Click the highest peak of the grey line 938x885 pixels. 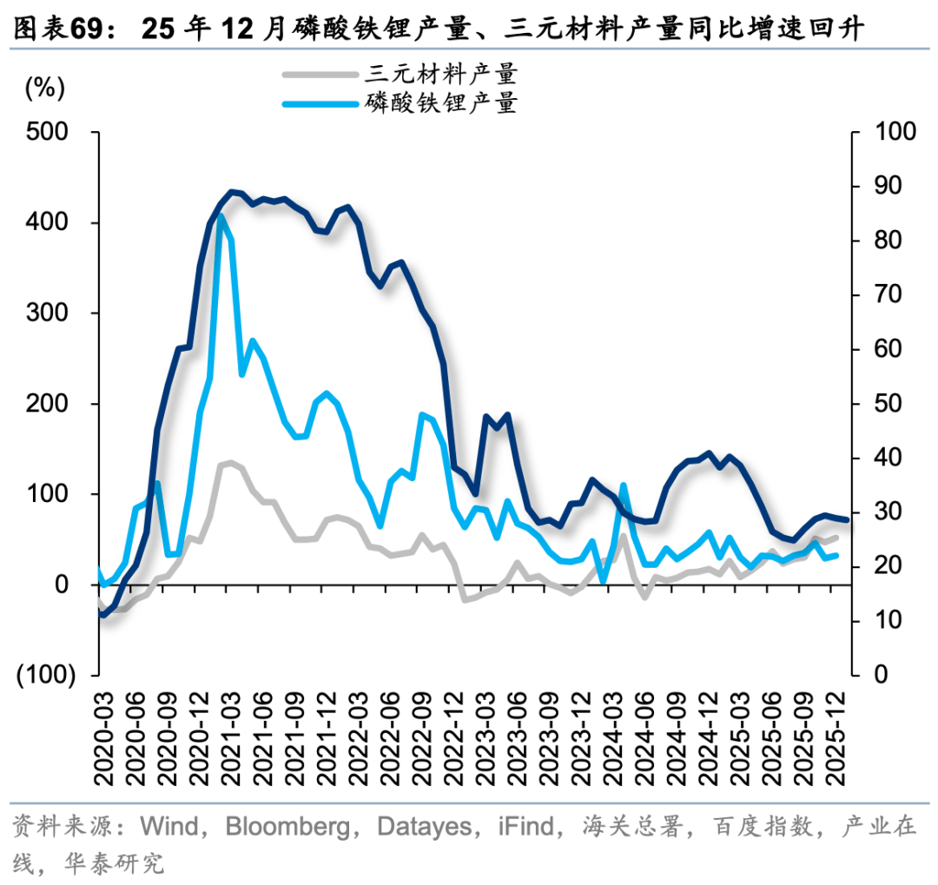point(231,462)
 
